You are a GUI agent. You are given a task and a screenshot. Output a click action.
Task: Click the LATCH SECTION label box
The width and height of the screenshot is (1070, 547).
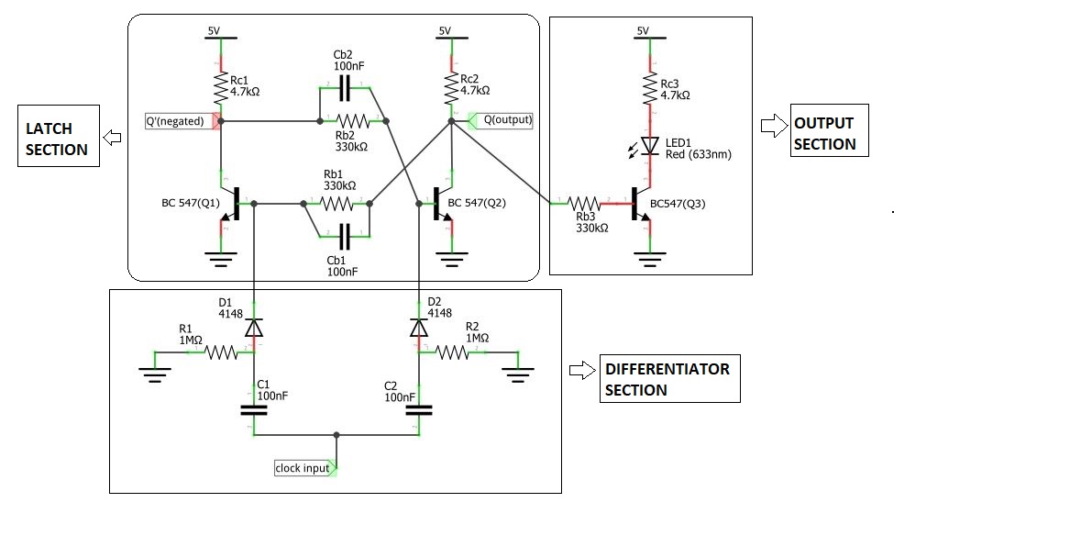(57, 139)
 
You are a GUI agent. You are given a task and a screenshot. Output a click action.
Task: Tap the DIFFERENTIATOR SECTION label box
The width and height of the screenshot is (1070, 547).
(668, 379)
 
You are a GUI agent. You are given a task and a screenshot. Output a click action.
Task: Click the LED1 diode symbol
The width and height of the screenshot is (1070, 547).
(650, 145)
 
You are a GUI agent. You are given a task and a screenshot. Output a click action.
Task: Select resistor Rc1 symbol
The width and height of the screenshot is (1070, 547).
(220, 89)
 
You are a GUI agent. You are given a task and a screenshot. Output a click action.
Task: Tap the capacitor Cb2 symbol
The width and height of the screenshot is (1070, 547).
(345, 88)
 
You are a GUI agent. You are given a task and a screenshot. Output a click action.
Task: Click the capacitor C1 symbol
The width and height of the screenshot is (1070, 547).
(253, 408)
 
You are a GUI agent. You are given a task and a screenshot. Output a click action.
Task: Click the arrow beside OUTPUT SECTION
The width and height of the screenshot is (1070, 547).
(773, 122)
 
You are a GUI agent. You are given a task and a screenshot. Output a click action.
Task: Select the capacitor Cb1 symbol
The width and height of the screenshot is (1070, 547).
(345, 238)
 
